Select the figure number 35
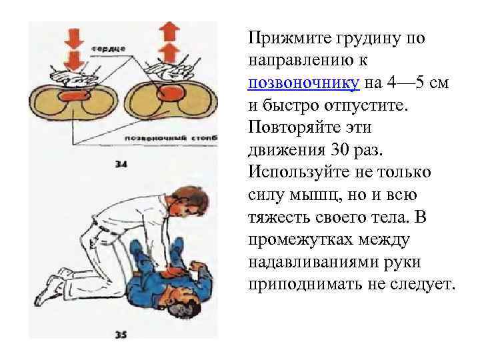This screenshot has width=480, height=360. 121,335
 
